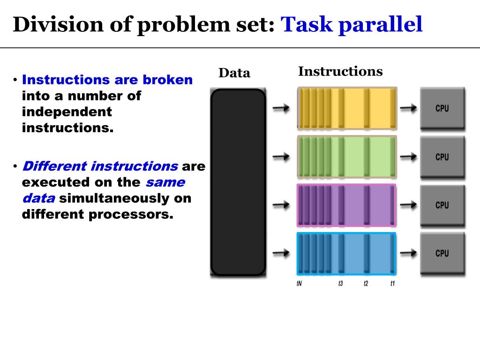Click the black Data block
[x=238, y=182]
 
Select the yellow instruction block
[x=347, y=108]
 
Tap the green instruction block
[x=347, y=157]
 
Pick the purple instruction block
[x=347, y=205]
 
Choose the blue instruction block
[x=347, y=254]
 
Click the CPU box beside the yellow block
[x=442, y=108]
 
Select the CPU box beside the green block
[x=442, y=157]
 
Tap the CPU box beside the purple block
[x=442, y=205]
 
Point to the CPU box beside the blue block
[x=442, y=254]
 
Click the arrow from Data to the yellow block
[x=281, y=108]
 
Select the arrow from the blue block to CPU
[x=408, y=253]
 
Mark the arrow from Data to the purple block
[x=281, y=205]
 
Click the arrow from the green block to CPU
[x=408, y=157]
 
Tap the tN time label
[x=299, y=284]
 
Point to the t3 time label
[x=341, y=284]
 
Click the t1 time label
[x=393, y=284]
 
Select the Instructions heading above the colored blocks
[x=340, y=72]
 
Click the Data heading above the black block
[x=234, y=73]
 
